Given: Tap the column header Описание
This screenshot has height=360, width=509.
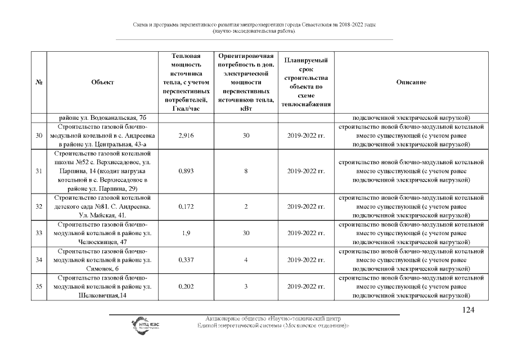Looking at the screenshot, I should [x=411, y=83].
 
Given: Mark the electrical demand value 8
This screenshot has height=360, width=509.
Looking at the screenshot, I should [x=246, y=172].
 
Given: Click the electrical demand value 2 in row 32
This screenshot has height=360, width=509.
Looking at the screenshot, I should [x=246, y=206].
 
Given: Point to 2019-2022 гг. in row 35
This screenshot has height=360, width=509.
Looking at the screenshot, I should [x=306, y=287].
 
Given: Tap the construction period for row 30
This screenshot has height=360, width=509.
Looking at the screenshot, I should [x=306, y=136].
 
